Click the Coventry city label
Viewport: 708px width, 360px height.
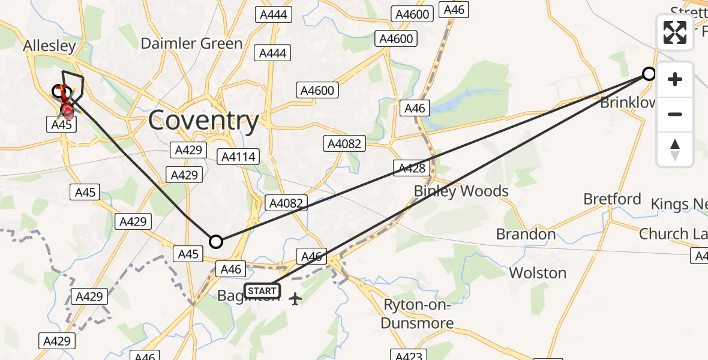[203, 121]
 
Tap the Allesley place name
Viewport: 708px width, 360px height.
[49, 46]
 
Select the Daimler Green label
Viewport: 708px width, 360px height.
[191, 43]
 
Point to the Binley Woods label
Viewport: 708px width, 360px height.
[461, 191]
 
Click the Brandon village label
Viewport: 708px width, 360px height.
[526, 234]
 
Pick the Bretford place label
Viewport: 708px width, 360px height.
[613, 199]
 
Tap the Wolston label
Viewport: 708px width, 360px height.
[538, 273]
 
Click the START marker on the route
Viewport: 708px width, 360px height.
[262, 291]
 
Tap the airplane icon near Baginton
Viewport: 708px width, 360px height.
[295, 298]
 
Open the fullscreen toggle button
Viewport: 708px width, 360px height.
[675, 32]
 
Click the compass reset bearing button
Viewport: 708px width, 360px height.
[675, 149]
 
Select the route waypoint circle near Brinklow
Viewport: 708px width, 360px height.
[649, 74]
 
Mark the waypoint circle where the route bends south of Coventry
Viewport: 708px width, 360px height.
[215, 242]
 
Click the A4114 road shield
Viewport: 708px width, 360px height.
[239, 157]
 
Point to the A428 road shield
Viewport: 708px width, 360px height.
[411, 169]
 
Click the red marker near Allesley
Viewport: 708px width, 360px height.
[67, 110]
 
